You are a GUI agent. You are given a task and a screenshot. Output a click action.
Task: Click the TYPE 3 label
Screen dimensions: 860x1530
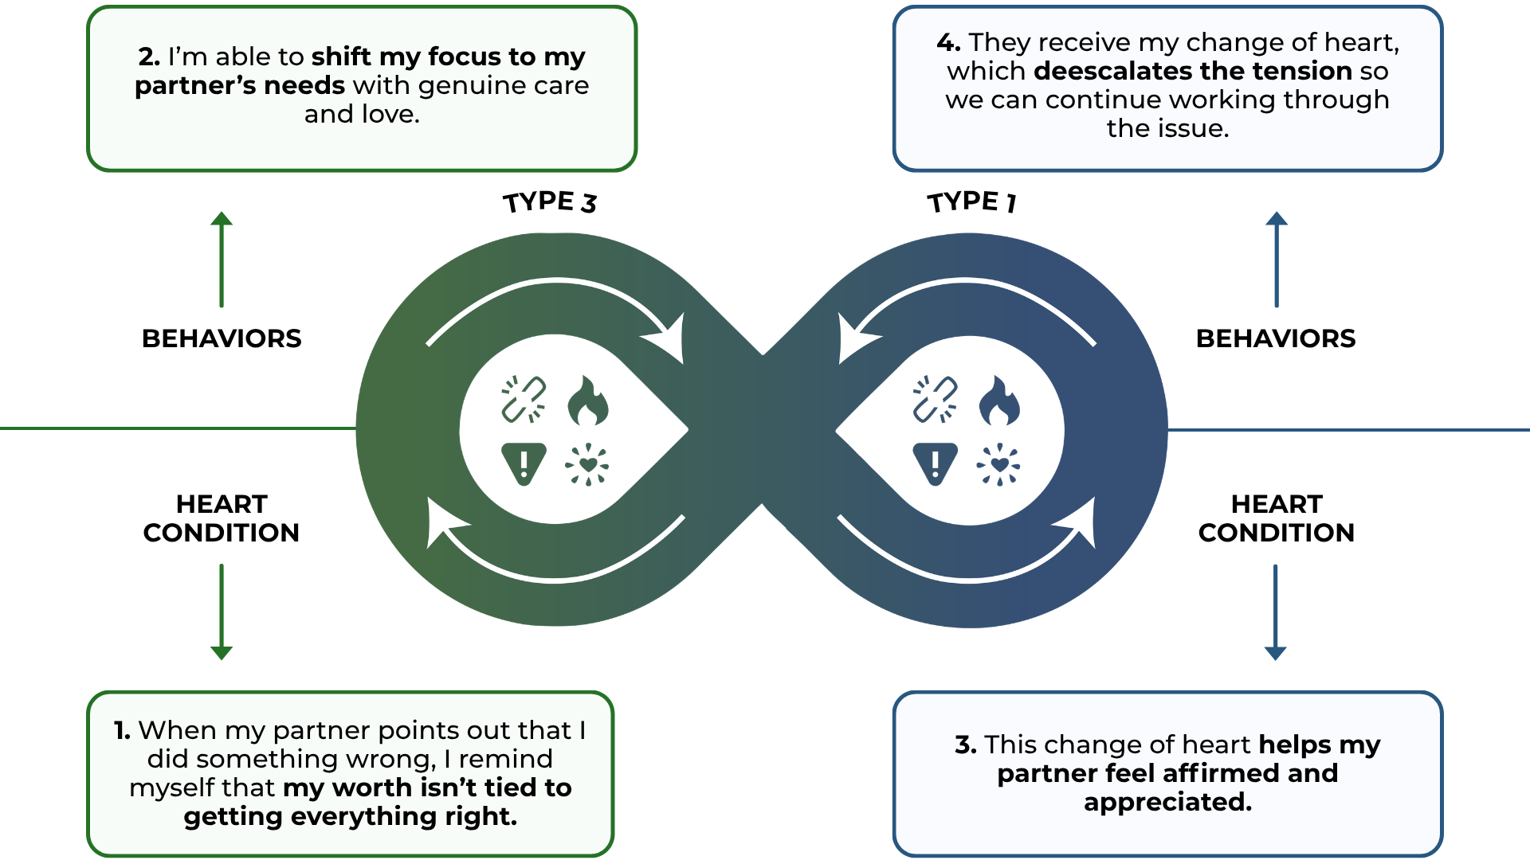549,202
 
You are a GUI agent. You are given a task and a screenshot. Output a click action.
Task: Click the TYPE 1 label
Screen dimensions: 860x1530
971,202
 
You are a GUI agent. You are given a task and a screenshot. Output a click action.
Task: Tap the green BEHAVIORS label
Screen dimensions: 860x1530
222,338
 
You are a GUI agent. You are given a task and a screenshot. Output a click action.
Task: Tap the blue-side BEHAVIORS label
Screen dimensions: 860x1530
1276,338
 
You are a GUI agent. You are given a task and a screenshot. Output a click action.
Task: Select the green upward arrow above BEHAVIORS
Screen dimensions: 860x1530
222,260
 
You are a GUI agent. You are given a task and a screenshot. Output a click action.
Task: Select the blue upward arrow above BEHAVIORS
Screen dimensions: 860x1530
1277,260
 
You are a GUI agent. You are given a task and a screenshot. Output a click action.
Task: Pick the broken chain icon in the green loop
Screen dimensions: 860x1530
524,399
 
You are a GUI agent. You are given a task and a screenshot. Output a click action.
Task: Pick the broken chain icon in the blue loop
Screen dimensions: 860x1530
935,399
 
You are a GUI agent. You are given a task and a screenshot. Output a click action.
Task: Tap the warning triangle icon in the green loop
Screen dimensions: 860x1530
524,463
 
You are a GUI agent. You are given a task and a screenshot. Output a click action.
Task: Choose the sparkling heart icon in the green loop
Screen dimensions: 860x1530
587,464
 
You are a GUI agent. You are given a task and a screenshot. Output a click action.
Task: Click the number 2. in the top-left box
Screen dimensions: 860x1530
149,57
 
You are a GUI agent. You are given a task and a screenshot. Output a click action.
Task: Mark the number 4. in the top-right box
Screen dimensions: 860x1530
948,43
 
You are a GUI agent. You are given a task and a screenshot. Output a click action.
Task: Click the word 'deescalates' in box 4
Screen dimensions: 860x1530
1112,72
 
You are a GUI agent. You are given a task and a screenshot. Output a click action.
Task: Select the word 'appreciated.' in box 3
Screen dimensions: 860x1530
1167,803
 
